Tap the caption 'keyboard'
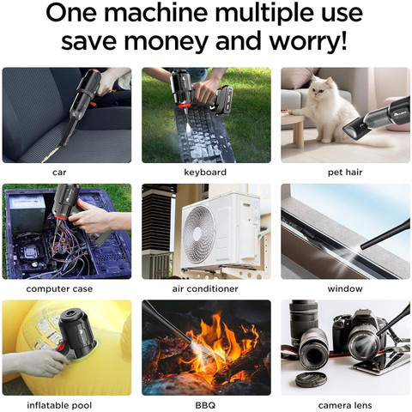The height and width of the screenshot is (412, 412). [206, 173]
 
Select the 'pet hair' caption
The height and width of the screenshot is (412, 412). [345, 173]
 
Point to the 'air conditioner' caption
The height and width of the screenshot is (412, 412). [206, 288]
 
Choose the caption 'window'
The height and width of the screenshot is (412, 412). [345, 288]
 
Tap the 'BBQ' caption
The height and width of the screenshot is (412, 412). [206, 404]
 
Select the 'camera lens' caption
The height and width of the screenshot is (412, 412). [345, 404]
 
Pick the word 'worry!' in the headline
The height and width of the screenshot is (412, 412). [315, 43]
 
